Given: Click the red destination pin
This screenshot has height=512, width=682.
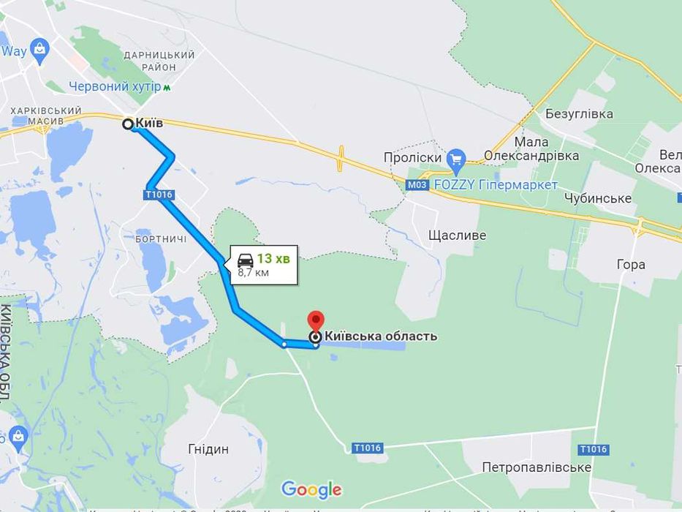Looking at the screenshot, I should (x=315, y=320).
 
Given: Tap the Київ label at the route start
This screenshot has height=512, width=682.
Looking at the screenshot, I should (x=149, y=124).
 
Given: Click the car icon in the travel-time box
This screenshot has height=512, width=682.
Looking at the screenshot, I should (x=246, y=259).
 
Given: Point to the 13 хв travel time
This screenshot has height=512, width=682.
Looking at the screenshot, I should (x=274, y=258).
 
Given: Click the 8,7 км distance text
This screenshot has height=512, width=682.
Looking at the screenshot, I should (x=253, y=273).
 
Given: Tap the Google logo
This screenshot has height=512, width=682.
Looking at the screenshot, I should (x=311, y=489).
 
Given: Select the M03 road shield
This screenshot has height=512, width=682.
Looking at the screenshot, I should (x=417, y=185).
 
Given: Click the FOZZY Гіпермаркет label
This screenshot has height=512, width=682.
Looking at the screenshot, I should (x=496, y=185).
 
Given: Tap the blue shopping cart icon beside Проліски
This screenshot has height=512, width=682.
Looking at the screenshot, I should (x=456, y=158).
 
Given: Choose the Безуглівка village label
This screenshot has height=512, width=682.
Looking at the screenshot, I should (x=579, y=114).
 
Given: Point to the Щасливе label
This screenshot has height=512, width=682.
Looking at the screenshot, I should (x=457, y=236).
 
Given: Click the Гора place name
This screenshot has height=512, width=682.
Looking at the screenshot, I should (x=630, y=264).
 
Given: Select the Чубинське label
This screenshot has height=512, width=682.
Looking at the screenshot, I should (x=597, y=198).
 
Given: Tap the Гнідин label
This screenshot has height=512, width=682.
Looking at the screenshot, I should (x=208, y=449).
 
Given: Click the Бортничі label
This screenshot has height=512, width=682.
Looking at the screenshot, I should (x=161, y=239).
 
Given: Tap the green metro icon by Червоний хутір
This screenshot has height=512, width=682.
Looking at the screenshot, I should (x=167, y=87).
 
